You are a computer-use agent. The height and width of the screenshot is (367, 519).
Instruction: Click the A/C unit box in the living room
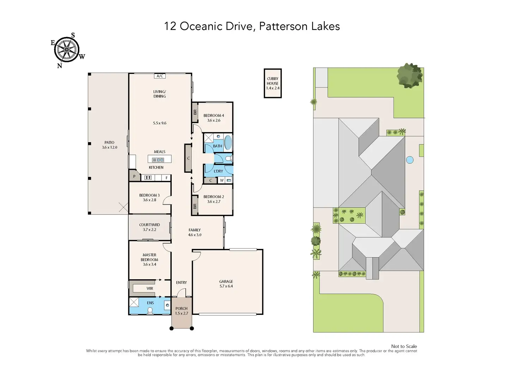160,76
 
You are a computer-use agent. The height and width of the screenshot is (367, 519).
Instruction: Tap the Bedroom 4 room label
214,115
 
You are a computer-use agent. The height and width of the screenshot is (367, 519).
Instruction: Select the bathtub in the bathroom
228,142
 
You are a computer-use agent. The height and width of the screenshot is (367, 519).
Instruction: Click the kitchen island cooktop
158,160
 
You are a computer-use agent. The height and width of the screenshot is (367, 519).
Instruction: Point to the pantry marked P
134,176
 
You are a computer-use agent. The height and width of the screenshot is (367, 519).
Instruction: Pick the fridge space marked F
166,178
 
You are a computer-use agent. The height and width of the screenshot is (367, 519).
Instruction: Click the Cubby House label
273,81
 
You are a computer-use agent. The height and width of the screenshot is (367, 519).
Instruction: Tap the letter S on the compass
73,35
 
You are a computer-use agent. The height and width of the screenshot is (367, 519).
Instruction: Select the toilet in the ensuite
150,311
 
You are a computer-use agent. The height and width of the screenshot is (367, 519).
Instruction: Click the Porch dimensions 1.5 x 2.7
182,313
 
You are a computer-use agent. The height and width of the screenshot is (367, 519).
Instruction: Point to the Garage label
226,281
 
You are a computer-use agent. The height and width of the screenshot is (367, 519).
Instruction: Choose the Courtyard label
149,225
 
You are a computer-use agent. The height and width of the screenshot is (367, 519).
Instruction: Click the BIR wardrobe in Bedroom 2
195,205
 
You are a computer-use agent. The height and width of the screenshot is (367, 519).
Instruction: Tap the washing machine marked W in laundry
222,180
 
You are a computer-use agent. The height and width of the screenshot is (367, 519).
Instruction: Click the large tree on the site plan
410,76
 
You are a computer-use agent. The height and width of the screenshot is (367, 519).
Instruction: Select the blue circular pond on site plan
410,160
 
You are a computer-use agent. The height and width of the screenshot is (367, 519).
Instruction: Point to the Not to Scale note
404,346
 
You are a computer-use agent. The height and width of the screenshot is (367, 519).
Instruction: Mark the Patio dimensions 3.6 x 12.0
109,147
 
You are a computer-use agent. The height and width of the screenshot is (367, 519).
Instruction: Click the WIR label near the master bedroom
150,288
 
